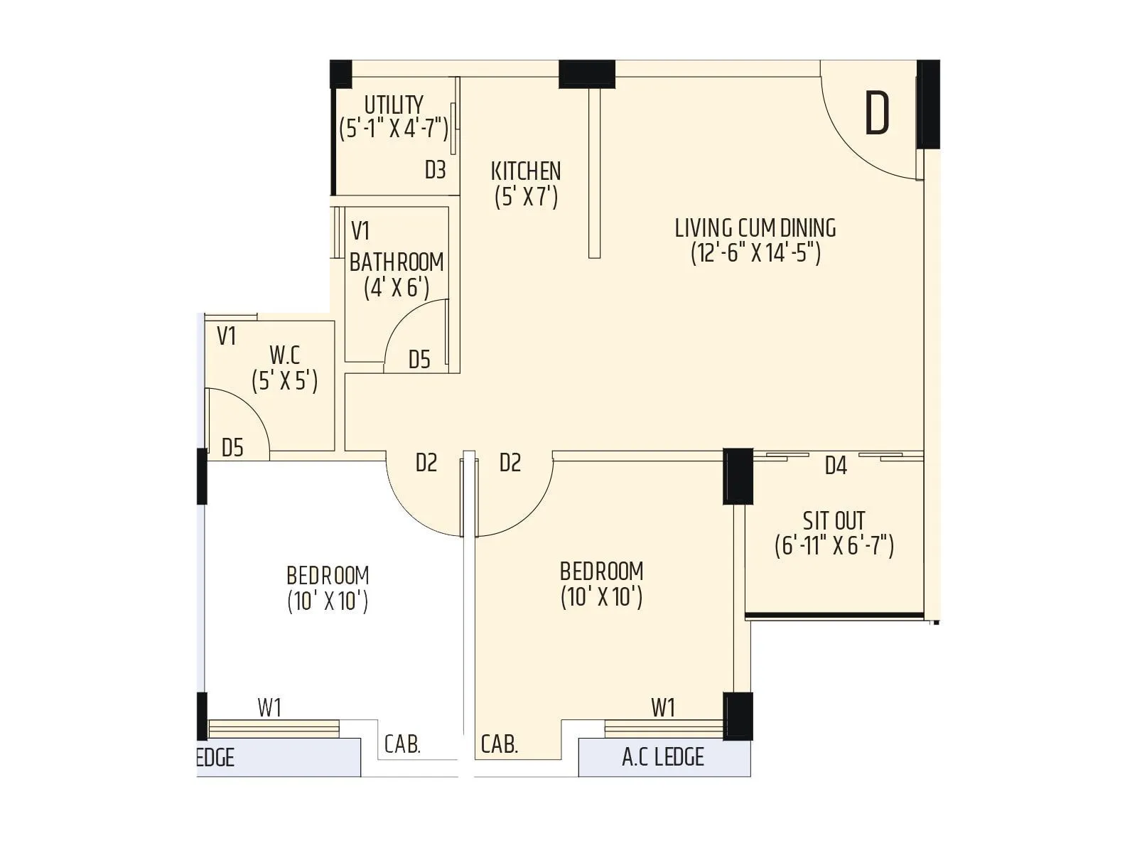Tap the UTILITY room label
tap(394, 104)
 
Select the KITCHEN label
tap(526, 171)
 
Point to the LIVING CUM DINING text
tap(755, 228)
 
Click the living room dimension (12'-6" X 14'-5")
tap(755, 253)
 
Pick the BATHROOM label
tap(397, 262)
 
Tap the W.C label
tap(284, 355)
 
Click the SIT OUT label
tap(834, 520)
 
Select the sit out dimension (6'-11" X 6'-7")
tap(834, 546)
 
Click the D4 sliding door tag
tap(836, 466)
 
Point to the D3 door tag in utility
tap(435, 170)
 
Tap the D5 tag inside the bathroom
tap(419, 360)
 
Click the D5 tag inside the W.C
tap(232, 448)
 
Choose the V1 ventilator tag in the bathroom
tap(360, 231)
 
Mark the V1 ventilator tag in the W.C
tap(226, 336)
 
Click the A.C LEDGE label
tap(662, 758)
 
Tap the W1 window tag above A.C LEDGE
tap(662, 708)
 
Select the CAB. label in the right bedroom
tap(499, 745)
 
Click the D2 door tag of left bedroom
tap(426, 463)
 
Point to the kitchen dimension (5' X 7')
tap(526, 197)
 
